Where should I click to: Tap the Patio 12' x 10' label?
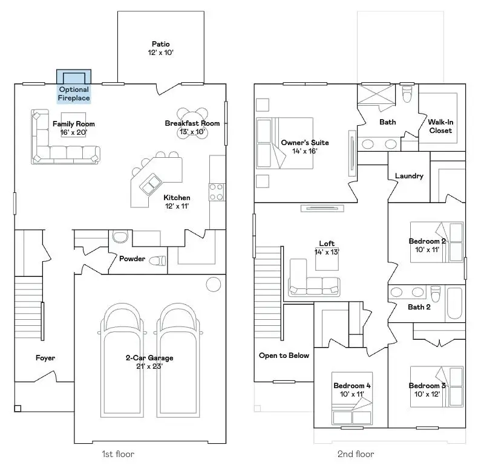160,48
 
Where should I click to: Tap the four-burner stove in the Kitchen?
217,192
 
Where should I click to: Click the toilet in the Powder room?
158,261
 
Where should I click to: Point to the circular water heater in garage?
213,284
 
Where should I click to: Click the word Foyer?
45,358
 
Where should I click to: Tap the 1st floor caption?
117,454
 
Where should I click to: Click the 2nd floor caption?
356,454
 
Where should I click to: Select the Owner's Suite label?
305,146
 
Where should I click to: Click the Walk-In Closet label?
440,126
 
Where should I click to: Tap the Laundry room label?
409,176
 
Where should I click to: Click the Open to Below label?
284,355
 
